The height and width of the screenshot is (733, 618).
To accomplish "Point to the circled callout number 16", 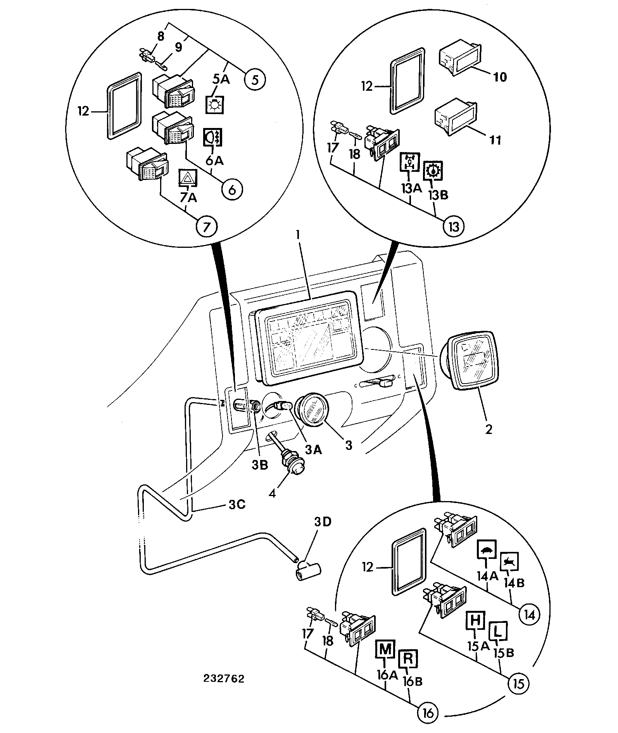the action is [x=428, y=712].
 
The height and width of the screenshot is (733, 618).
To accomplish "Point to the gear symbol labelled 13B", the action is [x=433, y=170].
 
